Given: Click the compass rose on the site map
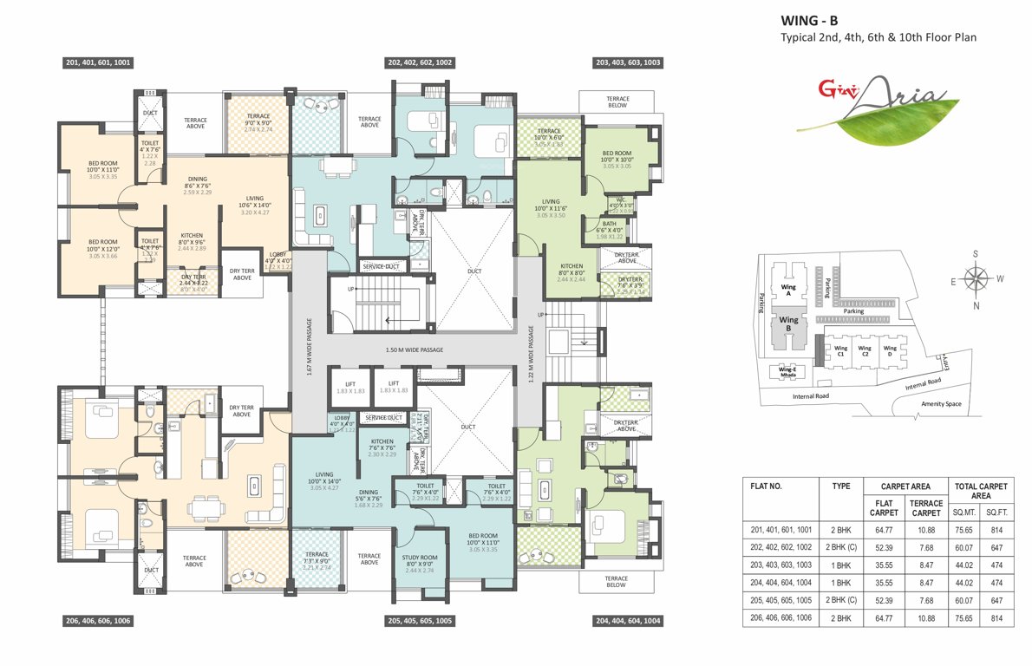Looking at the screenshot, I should click(x=977, y=279).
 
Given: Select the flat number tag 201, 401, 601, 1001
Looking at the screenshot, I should click(x=98, y=62).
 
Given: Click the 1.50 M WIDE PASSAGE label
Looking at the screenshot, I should click(x=414, y=350).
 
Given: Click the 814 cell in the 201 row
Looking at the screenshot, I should click(x=996, y=528).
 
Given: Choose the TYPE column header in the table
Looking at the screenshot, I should click(x=841, y=486).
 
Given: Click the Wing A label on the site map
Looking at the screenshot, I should click(x=788, y=288).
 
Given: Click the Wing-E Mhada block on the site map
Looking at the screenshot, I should click(x=787, y=374).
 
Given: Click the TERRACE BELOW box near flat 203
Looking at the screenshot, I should click(x=617, y=102).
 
